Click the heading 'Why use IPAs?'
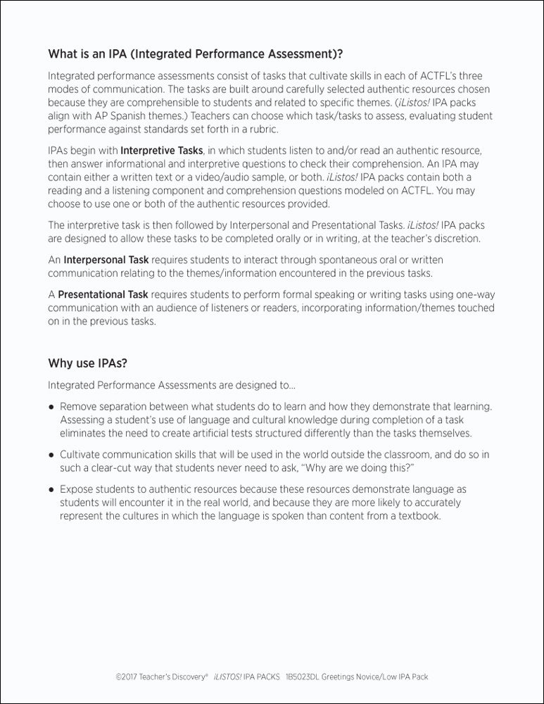click(87, 363)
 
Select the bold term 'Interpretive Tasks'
click(162, 150)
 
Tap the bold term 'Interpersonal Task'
click(106, 259)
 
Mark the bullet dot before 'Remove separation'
click(51, 407)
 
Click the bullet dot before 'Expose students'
click(51, 489)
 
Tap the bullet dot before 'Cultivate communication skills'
click(51, 455)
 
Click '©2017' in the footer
click(127, 677)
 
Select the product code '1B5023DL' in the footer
click(303, 677)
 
